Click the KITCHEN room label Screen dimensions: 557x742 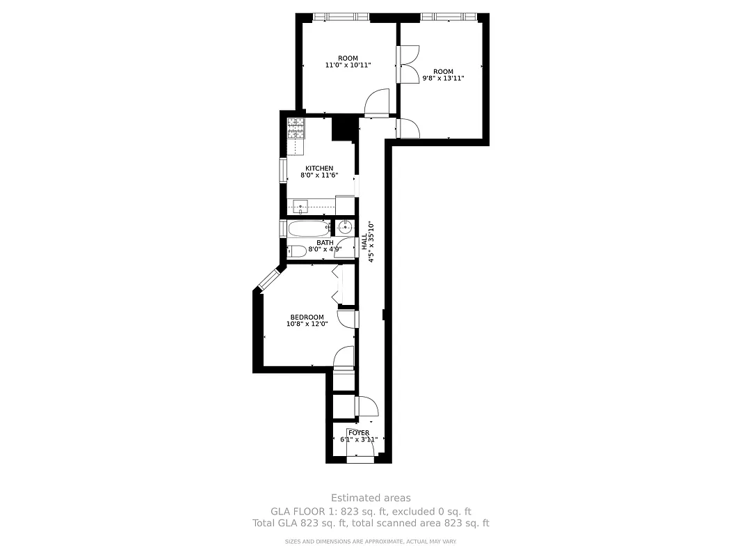click(319, 168)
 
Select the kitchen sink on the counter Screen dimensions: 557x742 click(300, 207)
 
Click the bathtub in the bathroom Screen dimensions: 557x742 click(307, 228)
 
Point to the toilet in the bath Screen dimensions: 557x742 click(295, 251)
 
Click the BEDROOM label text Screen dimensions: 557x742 click(307, 317)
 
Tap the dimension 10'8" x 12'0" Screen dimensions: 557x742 click(307, 324)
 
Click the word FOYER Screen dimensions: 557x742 click(359, 433)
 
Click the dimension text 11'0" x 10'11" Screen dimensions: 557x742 click(348, 65)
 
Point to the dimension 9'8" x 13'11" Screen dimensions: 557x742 click(443, 79)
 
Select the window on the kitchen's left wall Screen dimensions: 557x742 click(284, 169)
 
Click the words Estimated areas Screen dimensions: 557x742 click(371, 498)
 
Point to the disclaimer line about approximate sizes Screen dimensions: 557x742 click(371, 542)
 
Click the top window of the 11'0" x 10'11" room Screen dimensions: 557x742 click(340, 17)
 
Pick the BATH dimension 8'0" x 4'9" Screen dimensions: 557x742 click(325, 249)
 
